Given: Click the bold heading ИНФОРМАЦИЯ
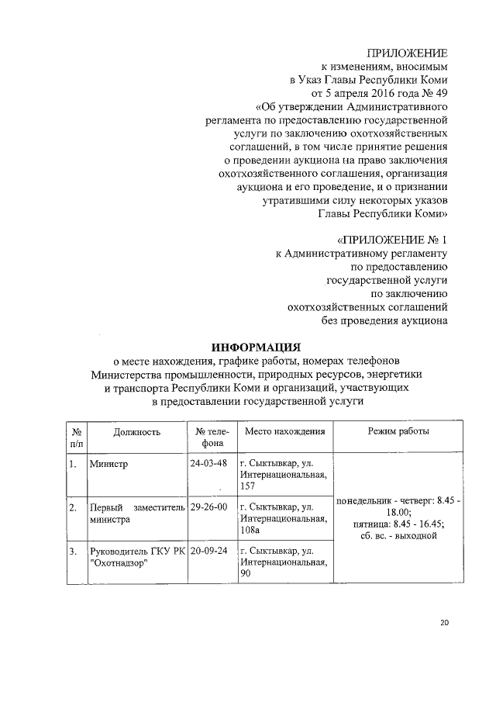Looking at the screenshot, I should click(x=256, y=346).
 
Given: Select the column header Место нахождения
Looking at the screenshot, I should click(x=284, y=431).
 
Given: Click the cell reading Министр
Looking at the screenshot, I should click(x=108, y=464).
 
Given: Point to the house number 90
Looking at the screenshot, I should click(x=246, y=573).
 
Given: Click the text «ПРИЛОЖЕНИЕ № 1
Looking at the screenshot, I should click(x=386, y=238).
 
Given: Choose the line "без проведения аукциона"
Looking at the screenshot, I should click(x=384, y=319).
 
